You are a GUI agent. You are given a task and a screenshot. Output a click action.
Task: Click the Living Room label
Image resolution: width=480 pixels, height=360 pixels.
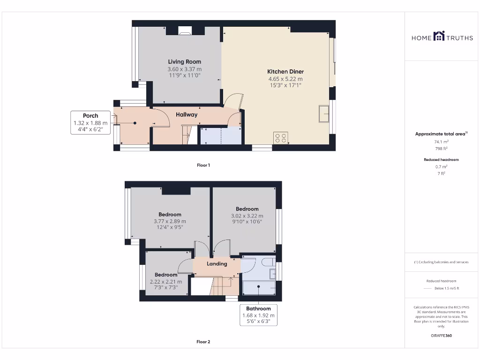[185, 61]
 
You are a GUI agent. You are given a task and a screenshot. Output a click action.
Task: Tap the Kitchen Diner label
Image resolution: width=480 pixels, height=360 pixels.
[285, 72]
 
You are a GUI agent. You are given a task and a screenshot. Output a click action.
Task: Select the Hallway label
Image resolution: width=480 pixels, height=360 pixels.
[187, 114]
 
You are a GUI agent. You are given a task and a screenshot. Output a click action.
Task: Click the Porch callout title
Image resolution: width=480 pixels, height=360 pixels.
[90, 116]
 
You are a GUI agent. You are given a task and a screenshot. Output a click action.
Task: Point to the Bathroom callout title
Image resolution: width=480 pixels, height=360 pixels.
[258, 308]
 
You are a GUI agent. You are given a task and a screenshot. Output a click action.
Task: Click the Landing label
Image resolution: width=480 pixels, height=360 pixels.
[217, 263]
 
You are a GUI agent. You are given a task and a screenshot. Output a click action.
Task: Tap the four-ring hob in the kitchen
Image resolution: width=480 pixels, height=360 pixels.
[281, 138]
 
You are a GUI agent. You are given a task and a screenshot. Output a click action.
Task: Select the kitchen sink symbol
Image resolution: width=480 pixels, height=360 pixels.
[323, 114]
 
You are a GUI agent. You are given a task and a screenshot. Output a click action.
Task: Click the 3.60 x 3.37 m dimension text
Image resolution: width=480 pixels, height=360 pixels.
[185, 69]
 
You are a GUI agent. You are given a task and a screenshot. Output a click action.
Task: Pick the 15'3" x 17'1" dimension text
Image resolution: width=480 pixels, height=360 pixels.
[285, 85]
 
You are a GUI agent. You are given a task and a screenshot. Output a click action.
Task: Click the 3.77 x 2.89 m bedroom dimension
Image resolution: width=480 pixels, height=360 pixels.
[170, 221]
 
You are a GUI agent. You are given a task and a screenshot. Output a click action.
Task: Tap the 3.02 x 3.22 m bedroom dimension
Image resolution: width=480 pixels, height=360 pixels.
[247, 216]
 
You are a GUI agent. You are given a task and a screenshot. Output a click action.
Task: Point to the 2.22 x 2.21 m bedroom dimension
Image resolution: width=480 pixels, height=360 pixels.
[166, 282]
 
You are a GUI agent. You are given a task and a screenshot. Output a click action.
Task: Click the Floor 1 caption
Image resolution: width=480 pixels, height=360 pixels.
[203, 165]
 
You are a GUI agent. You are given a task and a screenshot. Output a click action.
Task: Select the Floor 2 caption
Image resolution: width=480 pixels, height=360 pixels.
[203, 342]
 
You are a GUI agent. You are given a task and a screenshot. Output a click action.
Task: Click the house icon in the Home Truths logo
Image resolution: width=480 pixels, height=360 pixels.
[439, 36]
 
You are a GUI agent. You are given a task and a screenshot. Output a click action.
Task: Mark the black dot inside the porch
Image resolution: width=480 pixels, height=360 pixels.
[135, 123]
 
